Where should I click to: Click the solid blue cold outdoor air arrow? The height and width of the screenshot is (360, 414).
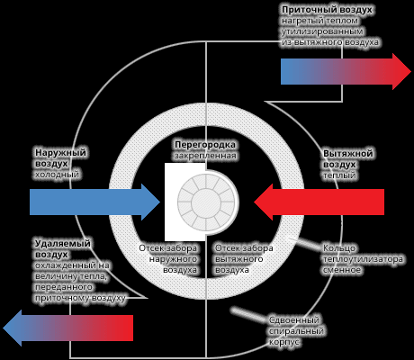(x=94, y=202)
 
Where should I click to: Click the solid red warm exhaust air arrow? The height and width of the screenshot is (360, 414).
(x=319, y=202)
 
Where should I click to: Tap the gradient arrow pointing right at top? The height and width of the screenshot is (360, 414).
(x=346, y=72)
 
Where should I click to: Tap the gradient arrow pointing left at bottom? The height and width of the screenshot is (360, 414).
(x=67, y=328)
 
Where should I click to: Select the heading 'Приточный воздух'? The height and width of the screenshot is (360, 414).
(x=327, y=10)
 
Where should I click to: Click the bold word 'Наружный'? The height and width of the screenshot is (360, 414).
(x=60, y=153)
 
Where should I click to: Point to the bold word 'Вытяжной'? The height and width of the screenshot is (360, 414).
(x=348, y=154)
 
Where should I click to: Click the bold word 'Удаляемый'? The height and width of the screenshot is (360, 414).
(x=63, y=243)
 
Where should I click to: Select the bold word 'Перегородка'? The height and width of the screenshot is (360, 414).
(x=205, y=145)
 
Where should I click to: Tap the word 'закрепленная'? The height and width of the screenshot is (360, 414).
(x=205, y=156)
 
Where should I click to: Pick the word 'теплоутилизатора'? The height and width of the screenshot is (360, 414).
(x=363, y=259)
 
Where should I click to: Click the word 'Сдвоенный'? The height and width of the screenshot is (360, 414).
(x=294, y=320)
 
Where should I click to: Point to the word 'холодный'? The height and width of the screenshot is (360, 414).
(x=57, y=175)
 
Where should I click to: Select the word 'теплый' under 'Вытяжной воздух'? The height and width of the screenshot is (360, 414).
(x=339, y=175)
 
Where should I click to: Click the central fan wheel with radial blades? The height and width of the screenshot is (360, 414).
(x=206, y=202)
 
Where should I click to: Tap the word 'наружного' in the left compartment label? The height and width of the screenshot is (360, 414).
(x=173, y=259)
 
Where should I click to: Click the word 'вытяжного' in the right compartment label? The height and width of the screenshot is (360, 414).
(x=239, y=259)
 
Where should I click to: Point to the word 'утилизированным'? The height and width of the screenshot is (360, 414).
(x=322, y=31)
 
